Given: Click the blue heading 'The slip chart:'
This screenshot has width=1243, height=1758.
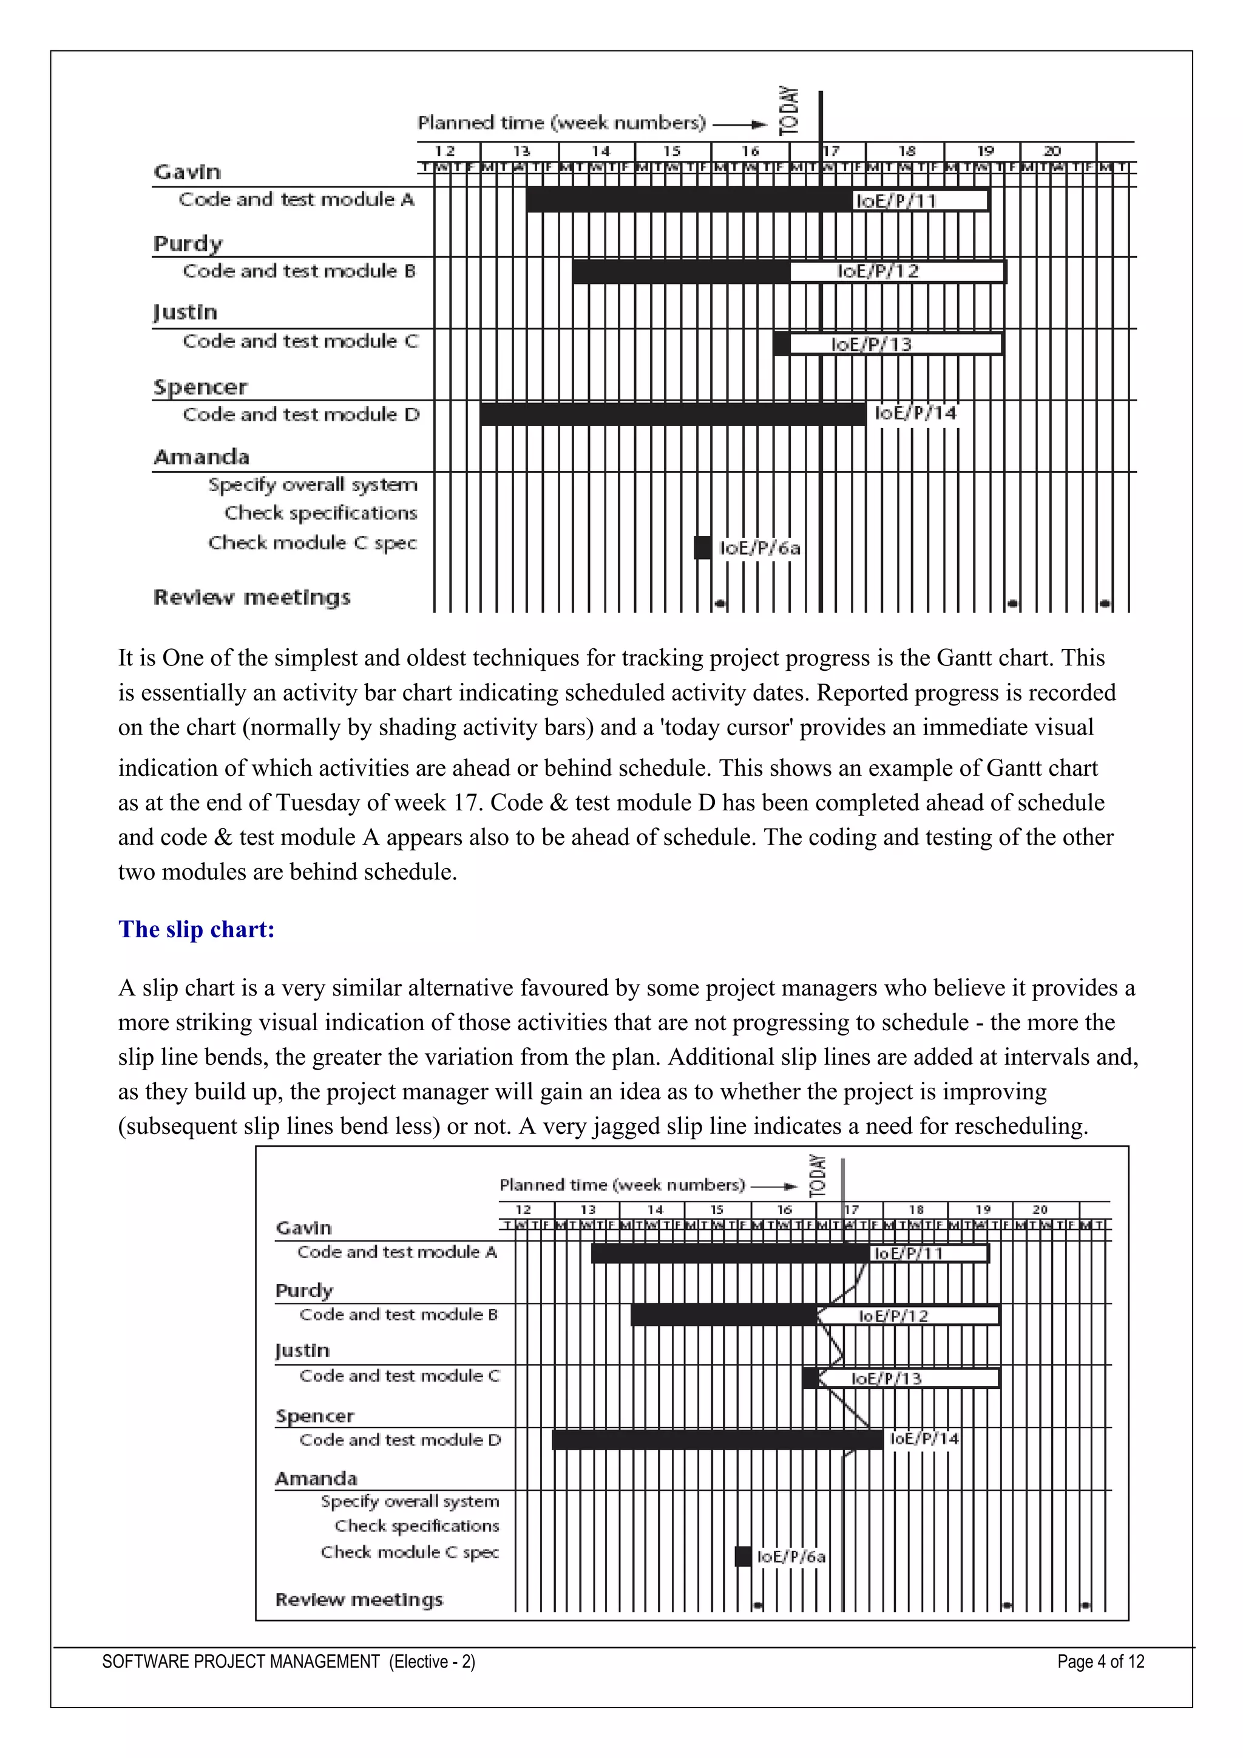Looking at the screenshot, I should click(x=196, y=929).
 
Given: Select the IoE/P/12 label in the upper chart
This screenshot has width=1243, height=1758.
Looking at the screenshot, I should click(x=878, y=271).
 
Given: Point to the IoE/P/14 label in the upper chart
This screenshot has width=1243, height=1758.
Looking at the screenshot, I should click(x=915, y=413).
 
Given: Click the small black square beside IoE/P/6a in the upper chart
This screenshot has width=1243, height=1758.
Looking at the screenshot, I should click(x=702, y=548).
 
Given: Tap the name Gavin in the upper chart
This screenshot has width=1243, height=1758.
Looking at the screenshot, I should click(x=187, y=172).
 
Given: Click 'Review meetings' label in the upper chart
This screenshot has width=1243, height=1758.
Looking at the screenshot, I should click(x=252, y=597).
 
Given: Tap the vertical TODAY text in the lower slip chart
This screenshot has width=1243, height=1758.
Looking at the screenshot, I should click(x=818, y=1176).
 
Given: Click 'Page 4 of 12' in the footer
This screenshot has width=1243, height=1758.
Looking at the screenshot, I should click(x=1100, y=1661).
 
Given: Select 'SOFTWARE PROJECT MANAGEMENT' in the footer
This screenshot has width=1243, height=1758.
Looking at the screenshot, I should click(x=241, y=1661).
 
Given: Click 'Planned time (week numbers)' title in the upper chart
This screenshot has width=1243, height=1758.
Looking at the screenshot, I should click(x=561, y=123).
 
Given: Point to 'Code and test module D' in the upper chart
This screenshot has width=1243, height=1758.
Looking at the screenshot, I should click(x=301, y=414).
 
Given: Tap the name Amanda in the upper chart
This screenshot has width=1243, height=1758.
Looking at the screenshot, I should click(x=202, y=457).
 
